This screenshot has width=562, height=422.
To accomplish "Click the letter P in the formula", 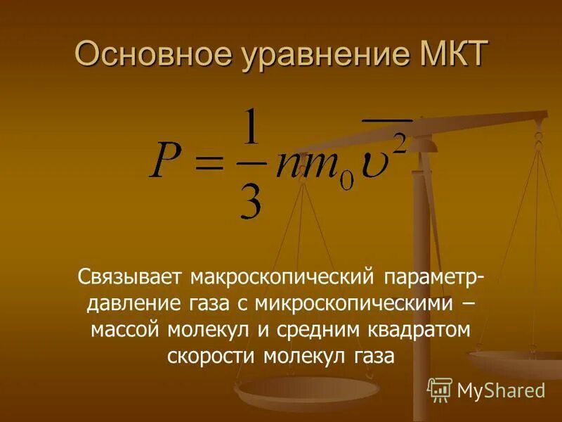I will [x=166, y=164].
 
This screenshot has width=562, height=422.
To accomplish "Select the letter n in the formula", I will [x=288, y=166].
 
